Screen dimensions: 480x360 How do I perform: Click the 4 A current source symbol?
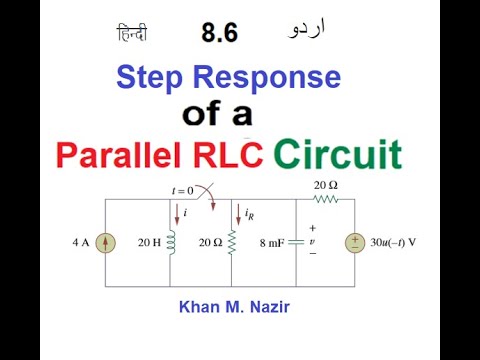coord(104,243)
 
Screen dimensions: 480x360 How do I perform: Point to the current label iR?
coord(251,212)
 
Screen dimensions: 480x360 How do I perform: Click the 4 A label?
coord(81,243)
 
